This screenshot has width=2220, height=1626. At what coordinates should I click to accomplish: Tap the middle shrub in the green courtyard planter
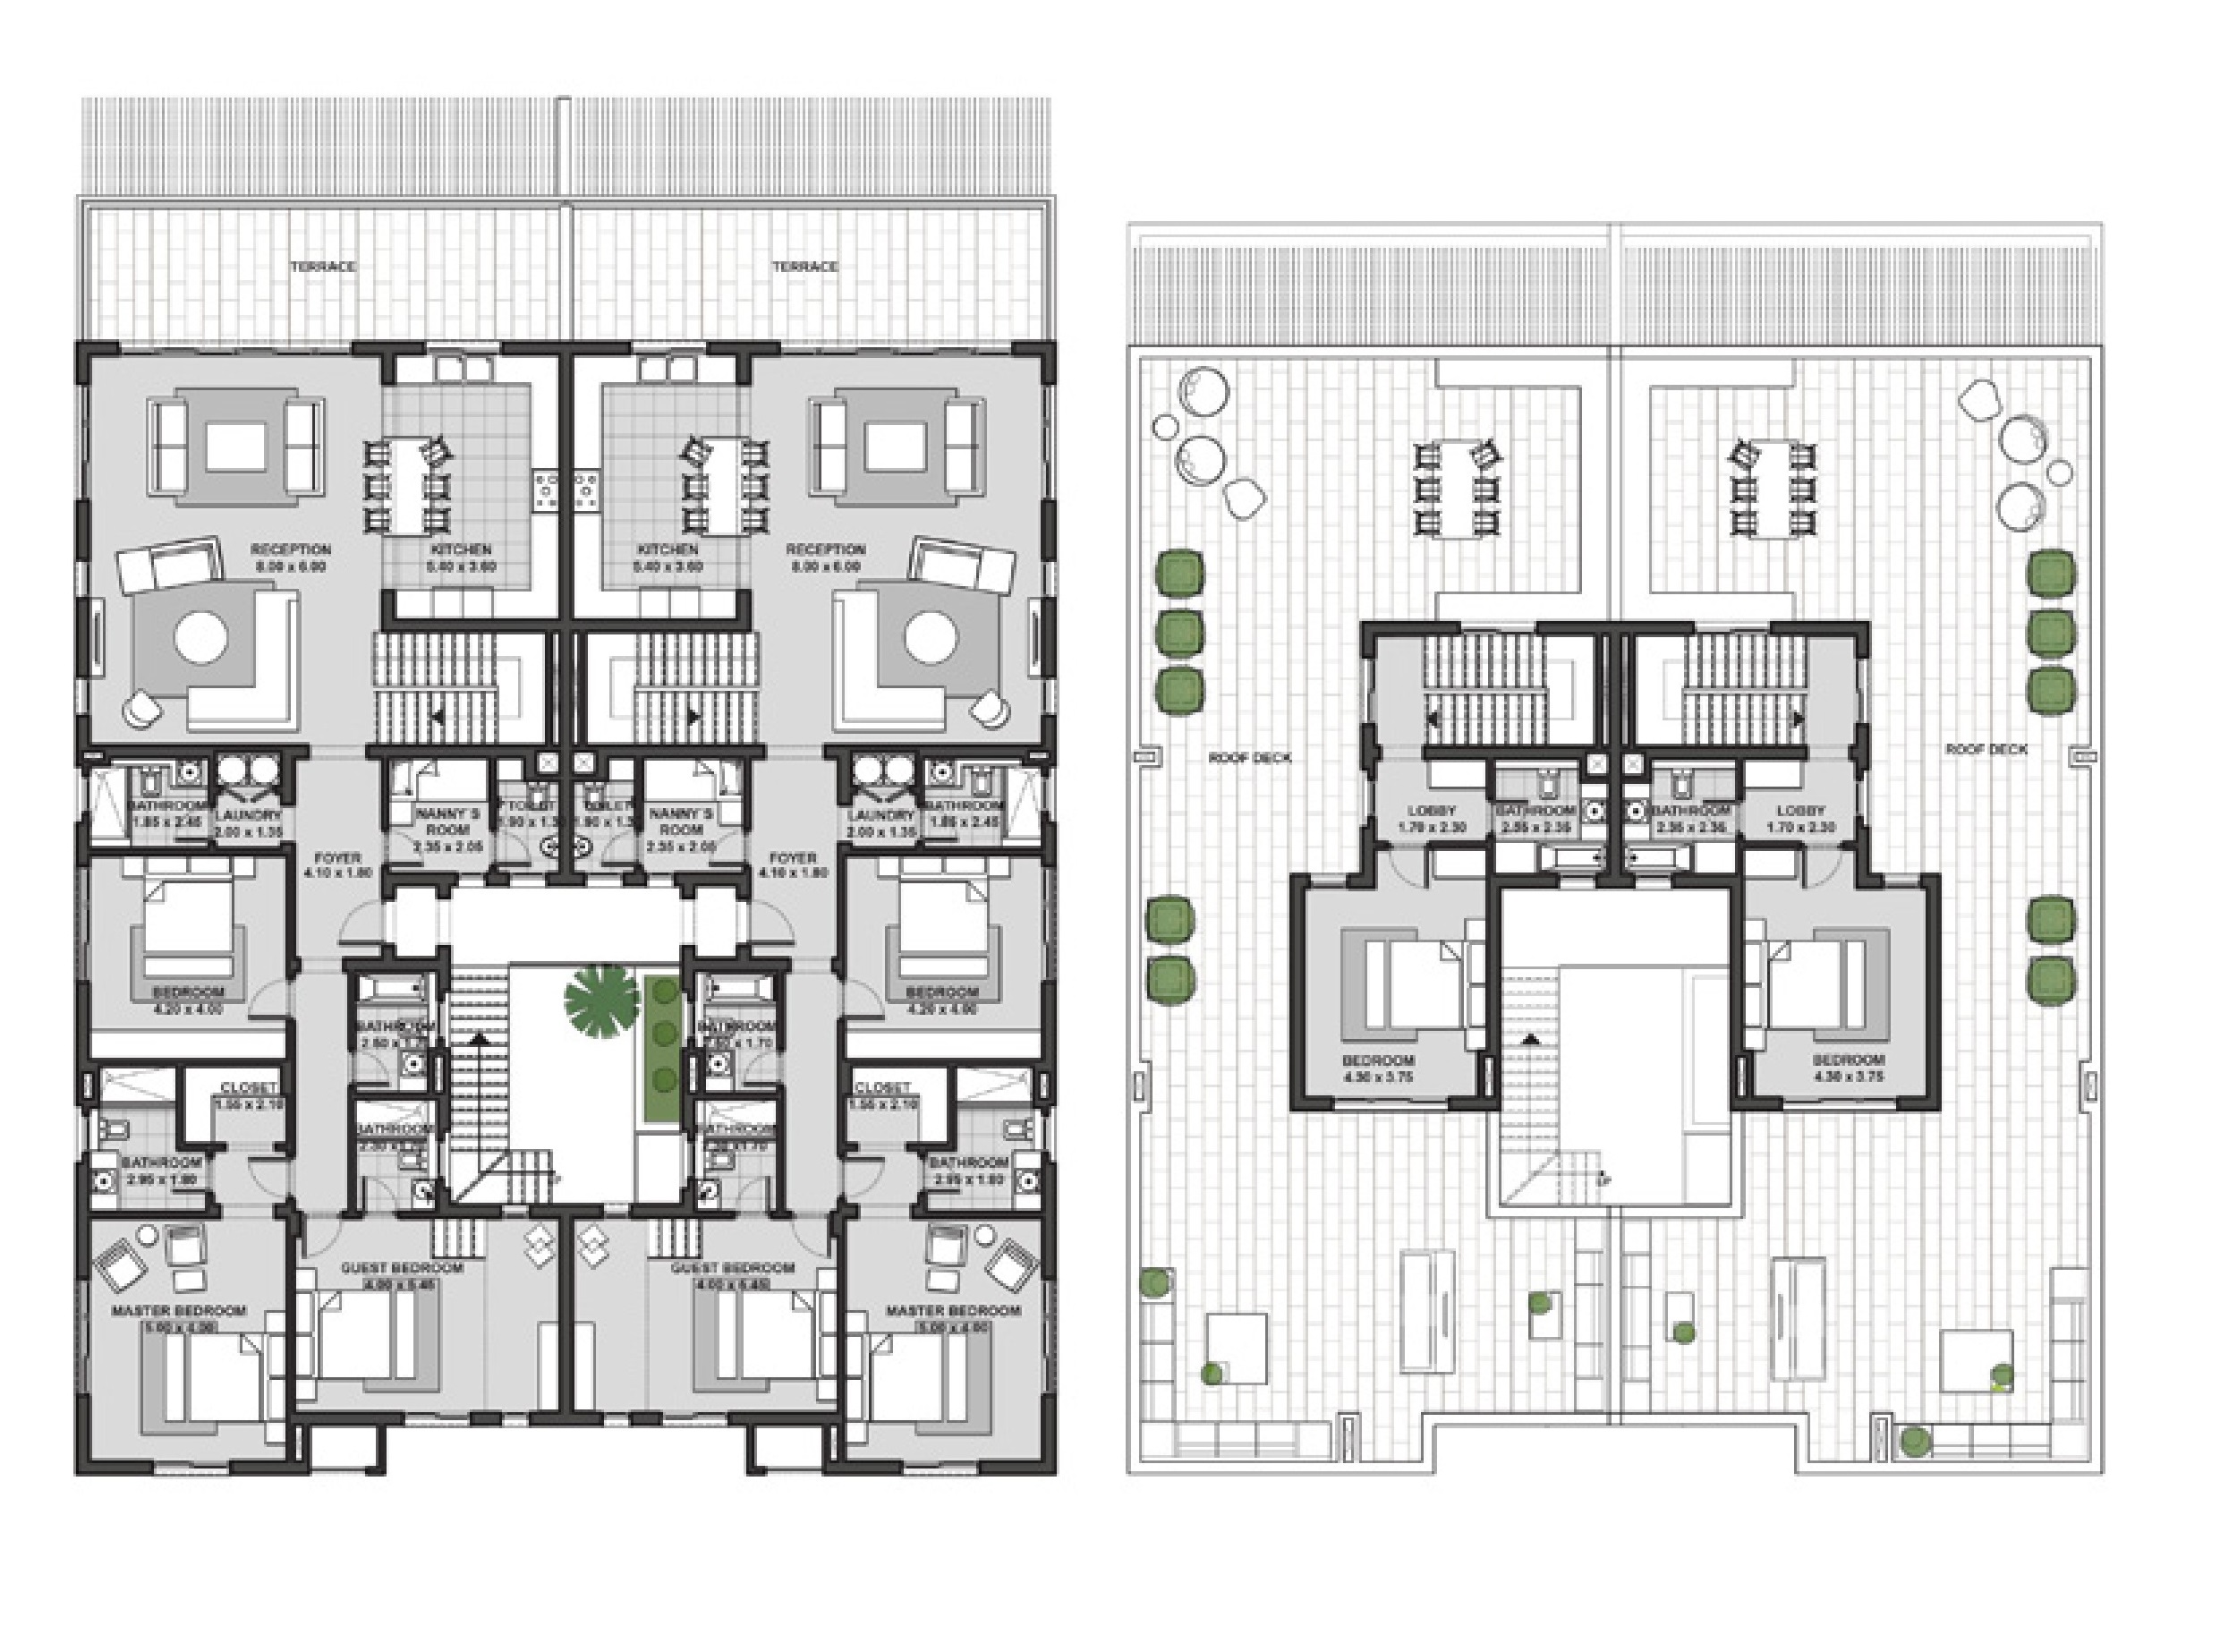664,1033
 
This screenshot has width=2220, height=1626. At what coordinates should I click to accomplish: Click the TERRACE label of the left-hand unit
323,267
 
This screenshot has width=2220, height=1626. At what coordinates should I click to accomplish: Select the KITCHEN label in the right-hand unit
668,549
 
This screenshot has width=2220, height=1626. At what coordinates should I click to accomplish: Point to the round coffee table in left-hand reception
201,638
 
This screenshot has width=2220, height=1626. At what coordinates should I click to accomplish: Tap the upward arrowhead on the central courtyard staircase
481,1036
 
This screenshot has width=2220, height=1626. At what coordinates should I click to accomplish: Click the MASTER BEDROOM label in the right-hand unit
953,1311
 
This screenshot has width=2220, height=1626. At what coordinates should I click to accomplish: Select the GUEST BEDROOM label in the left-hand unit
402,1268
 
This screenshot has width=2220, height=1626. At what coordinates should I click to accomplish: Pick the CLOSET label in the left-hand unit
248,1087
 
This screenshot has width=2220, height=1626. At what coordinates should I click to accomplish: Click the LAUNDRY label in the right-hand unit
880,815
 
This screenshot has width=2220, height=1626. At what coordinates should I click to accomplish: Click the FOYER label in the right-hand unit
792,857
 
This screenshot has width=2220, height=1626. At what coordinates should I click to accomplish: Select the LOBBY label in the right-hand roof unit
1801,811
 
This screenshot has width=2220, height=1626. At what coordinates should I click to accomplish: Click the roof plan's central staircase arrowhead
1530,1038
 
